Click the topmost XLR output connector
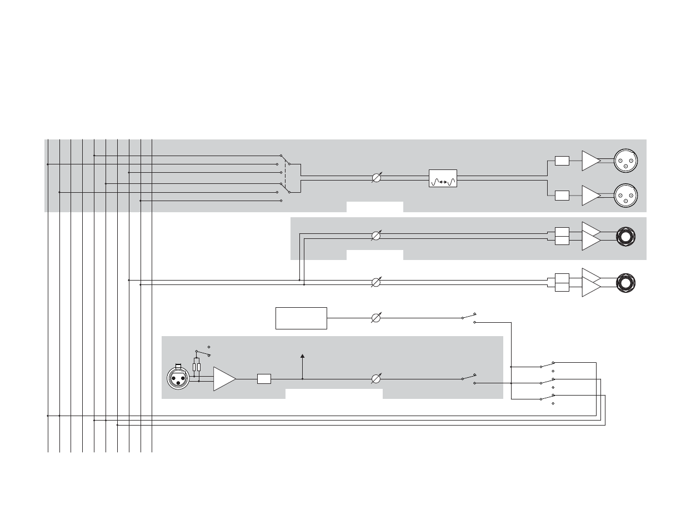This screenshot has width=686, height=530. [x=626, y=161]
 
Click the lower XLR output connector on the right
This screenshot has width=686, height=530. [x=626, y=195]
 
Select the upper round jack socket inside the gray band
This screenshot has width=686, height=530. [x=625, y=237]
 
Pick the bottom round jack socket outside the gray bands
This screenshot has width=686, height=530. [x=625, y=283]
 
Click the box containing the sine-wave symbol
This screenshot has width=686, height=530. [x=443, y=178]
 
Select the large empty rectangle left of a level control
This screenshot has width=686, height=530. [x=301, y=318]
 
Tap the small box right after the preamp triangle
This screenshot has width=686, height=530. [x=264, y=379]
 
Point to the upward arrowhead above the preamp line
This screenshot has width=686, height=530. [x=302, y=356]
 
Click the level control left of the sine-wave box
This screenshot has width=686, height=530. [x=376, y=178]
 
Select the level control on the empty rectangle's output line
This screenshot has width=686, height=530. [x=376, y=318]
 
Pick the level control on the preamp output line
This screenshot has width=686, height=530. [x=376, y=379]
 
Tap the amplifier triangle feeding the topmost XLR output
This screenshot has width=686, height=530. [x=590, y=161]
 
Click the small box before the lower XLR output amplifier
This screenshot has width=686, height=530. [x=562, y=195]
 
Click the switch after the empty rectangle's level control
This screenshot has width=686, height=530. [x=469, y=317]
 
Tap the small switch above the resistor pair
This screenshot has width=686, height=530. [x=203, y=352]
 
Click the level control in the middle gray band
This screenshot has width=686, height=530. [x=376, y=236]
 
